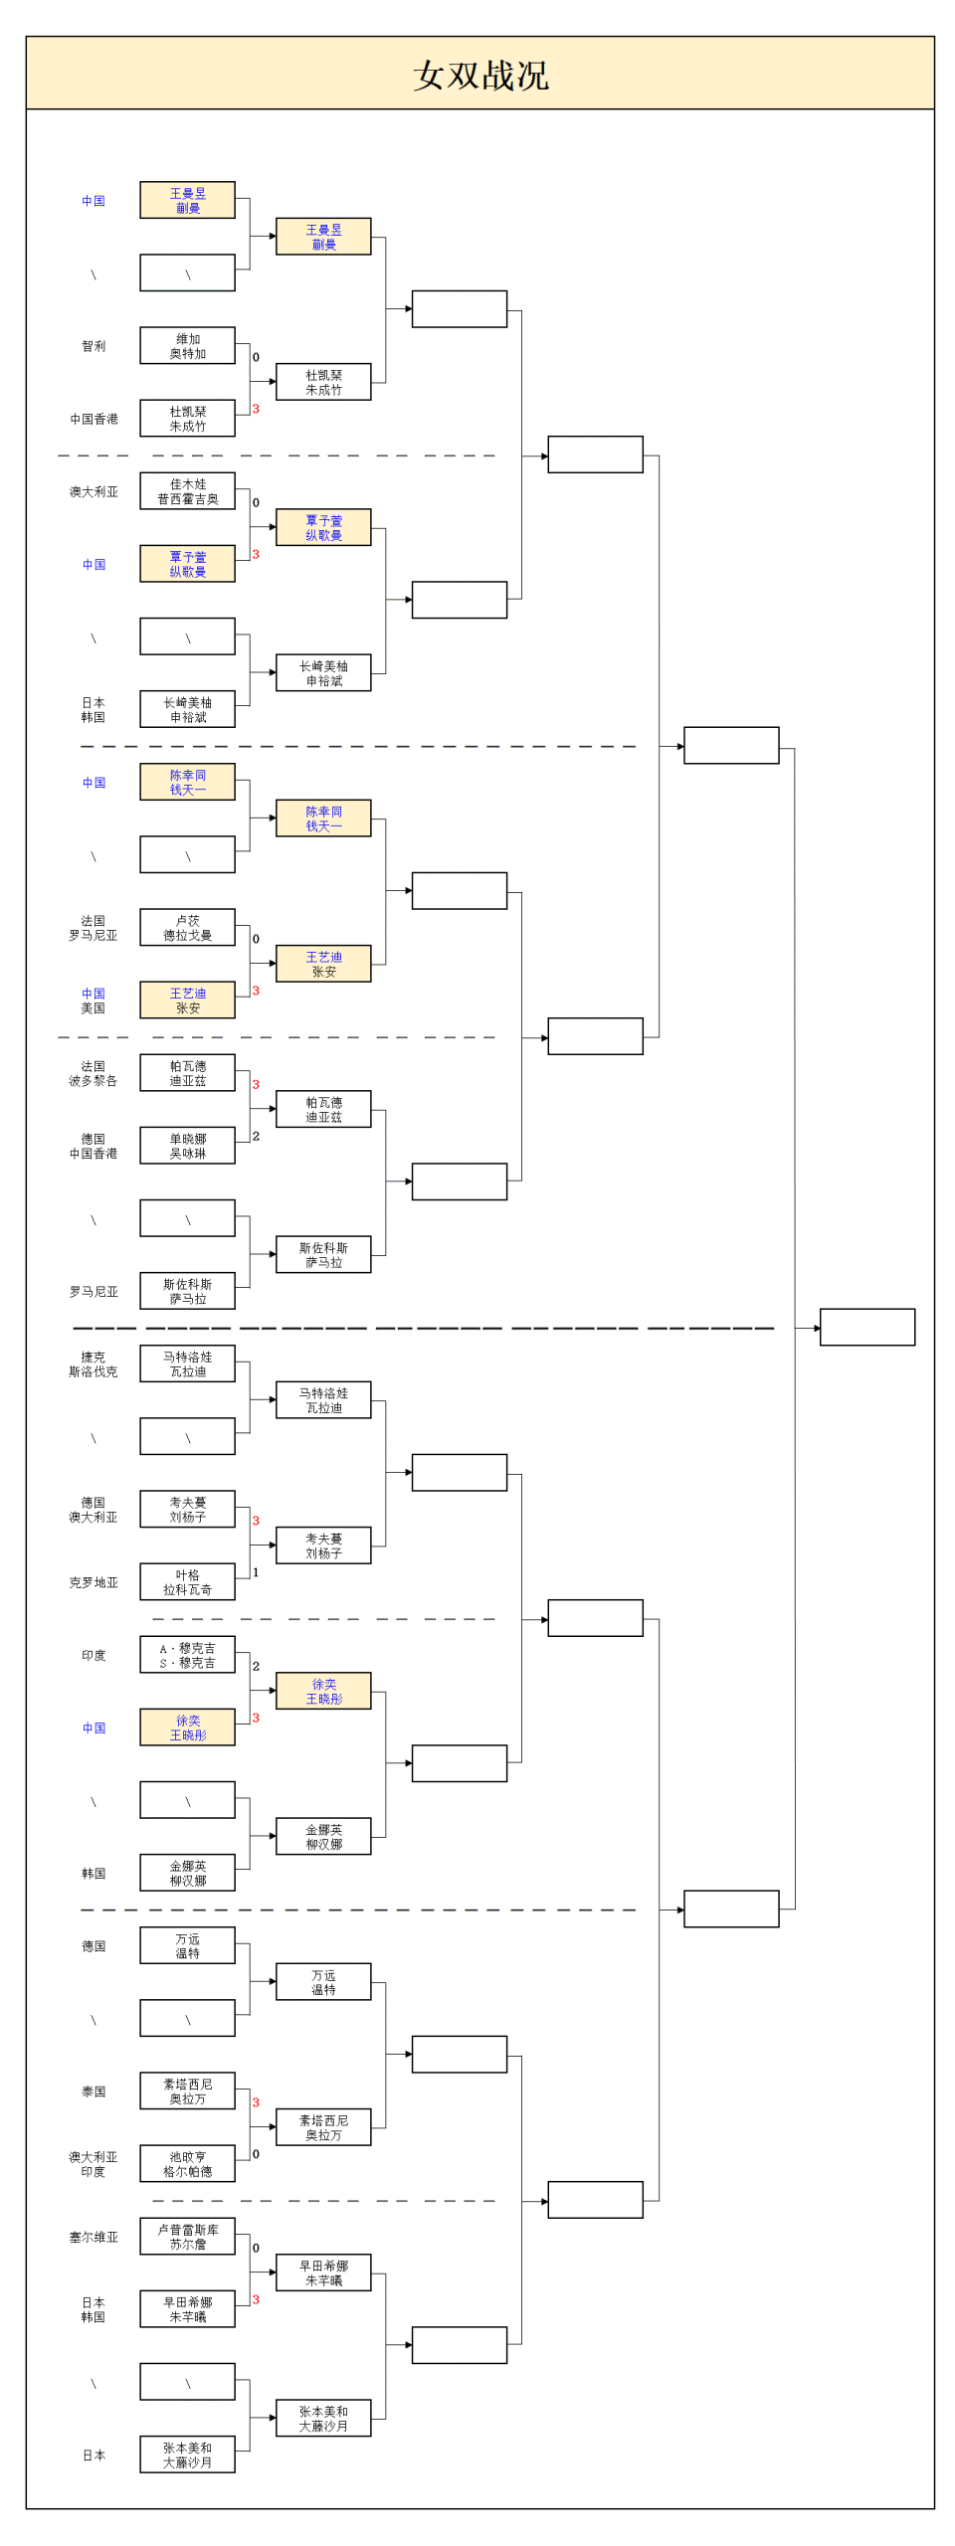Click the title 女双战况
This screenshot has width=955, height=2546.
[480, 75]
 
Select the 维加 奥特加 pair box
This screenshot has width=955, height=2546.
[187, 346]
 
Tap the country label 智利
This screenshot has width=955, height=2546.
[94, 346]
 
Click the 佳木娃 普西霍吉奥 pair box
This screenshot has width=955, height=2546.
[187, 491]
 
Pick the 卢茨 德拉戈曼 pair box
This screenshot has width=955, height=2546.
[187, 928]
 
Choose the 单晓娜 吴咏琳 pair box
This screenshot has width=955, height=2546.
[187, 1146]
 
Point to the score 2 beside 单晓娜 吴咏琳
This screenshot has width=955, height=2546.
[256, 1136]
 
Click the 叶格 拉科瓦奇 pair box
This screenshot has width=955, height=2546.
[187, 1582]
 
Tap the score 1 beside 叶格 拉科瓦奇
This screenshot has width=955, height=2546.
[256, 1572]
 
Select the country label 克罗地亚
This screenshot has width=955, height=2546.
[94, 1582]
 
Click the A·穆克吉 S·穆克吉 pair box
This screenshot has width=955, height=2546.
[187, 1655]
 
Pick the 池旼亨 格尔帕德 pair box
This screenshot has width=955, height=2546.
[187, 2164]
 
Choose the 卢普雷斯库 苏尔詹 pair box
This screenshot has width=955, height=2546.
[187, 2237]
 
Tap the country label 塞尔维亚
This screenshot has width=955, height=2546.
[94, 2237]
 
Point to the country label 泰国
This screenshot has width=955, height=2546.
[94, 2091]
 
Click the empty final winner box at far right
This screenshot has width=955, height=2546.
[866, 1327]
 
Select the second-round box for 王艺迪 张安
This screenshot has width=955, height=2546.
[323, 964]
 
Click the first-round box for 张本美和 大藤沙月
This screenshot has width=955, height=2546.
[187, 2455]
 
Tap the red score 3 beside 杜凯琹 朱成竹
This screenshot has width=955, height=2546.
[256, 409]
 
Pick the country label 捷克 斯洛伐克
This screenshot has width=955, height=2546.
[94, 1364]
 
